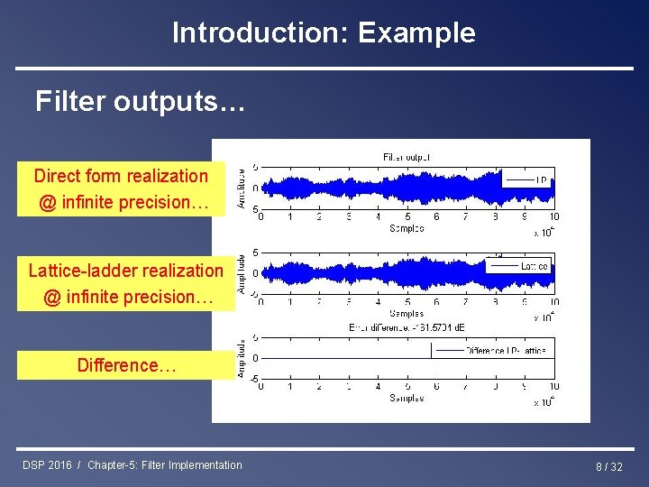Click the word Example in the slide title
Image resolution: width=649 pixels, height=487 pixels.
click(x=416, y=33)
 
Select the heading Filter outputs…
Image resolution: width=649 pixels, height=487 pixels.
click(x=140, y=102)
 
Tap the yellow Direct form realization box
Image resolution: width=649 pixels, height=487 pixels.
click(x=122, y=189)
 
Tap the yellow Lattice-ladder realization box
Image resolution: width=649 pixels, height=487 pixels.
click(x=125, y=283)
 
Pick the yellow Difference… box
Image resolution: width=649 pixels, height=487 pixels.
click(x=125, y=365)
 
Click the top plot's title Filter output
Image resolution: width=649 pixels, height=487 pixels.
click(x=407, y=156)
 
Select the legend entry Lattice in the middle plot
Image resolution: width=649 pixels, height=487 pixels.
click(x=534, y=266)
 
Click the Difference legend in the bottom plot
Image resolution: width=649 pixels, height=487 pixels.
click(x=505, y=350)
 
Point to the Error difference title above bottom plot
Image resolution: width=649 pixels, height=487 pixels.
click(x=406, y=327)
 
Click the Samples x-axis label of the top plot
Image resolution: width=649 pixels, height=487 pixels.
click(x=407, y=228)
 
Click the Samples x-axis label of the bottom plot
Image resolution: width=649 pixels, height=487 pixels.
click(x=407, y=398)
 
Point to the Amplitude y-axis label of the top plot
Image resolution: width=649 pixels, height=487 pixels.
click(x=242, y=188)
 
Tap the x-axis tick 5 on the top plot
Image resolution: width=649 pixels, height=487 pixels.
click(x=407, y=217)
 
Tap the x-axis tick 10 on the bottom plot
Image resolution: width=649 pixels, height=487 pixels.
click(x=553, y=387)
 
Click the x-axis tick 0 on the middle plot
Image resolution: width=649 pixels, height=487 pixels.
click(x=261, y=303)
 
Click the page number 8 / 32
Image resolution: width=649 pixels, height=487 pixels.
click(x=609, y=466)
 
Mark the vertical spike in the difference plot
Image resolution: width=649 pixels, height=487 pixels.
click(x=437, y=370)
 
